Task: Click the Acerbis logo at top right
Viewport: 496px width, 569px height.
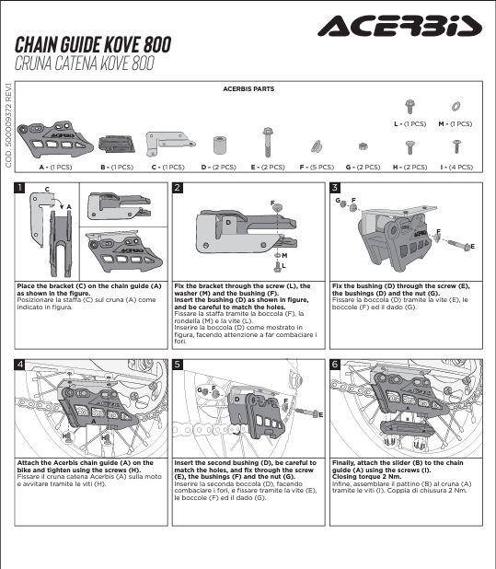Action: pyautogui.click(x=399, y=26)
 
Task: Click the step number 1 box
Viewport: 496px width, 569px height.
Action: pyautogui.click(x=19, y=188)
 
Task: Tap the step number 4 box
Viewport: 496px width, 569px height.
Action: pyautogui.click(x=19, y=364)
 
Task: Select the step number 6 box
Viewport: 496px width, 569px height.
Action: pyautogui.click(x=335, y=364)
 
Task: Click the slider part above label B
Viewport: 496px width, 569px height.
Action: pyautogui.click(x=117, y=144)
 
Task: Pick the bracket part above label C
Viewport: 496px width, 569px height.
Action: pyautogui.click(x=169, y=144)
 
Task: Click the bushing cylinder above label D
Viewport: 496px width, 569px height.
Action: pyautogui.click(x=219, y=145)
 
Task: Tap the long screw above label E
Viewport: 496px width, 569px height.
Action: pyautogui.click(x=268, y=142)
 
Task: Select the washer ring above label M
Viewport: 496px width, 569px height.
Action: pyautogui.click(x=456, y=107)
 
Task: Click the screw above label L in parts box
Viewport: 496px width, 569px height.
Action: pyautogui.click(x=409, y=106)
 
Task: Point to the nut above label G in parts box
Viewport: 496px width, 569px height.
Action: pyautogui.click(x=363, y=146)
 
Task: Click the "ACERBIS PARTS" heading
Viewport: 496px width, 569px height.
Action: pyautogui.click(x=248, y=89)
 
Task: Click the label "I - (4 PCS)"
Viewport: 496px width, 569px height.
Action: pyautogui.click(x=456, y=168)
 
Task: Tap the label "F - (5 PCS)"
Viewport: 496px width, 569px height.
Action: pyautogui.click(x=317, y=168)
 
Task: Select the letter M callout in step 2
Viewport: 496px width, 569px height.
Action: pyautogui.click(x=284, y=255)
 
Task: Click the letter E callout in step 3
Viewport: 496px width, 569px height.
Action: pyautogui.click(x=472, y=247)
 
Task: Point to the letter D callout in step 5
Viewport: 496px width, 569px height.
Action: pyautogui.click(x=236, y=400)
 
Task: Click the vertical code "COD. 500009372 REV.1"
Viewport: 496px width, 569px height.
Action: pyautogui.click(x=8, y=125)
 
